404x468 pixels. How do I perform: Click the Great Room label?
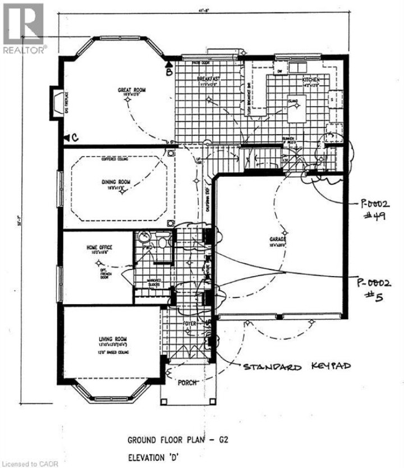[x=132, y=90]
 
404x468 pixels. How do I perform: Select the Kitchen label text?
[x=311, y=81]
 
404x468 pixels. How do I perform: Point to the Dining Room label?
[x=116, y=182]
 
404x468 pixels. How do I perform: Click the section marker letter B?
[x=168, y=71]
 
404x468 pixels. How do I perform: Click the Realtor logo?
[x=23, y=27]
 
